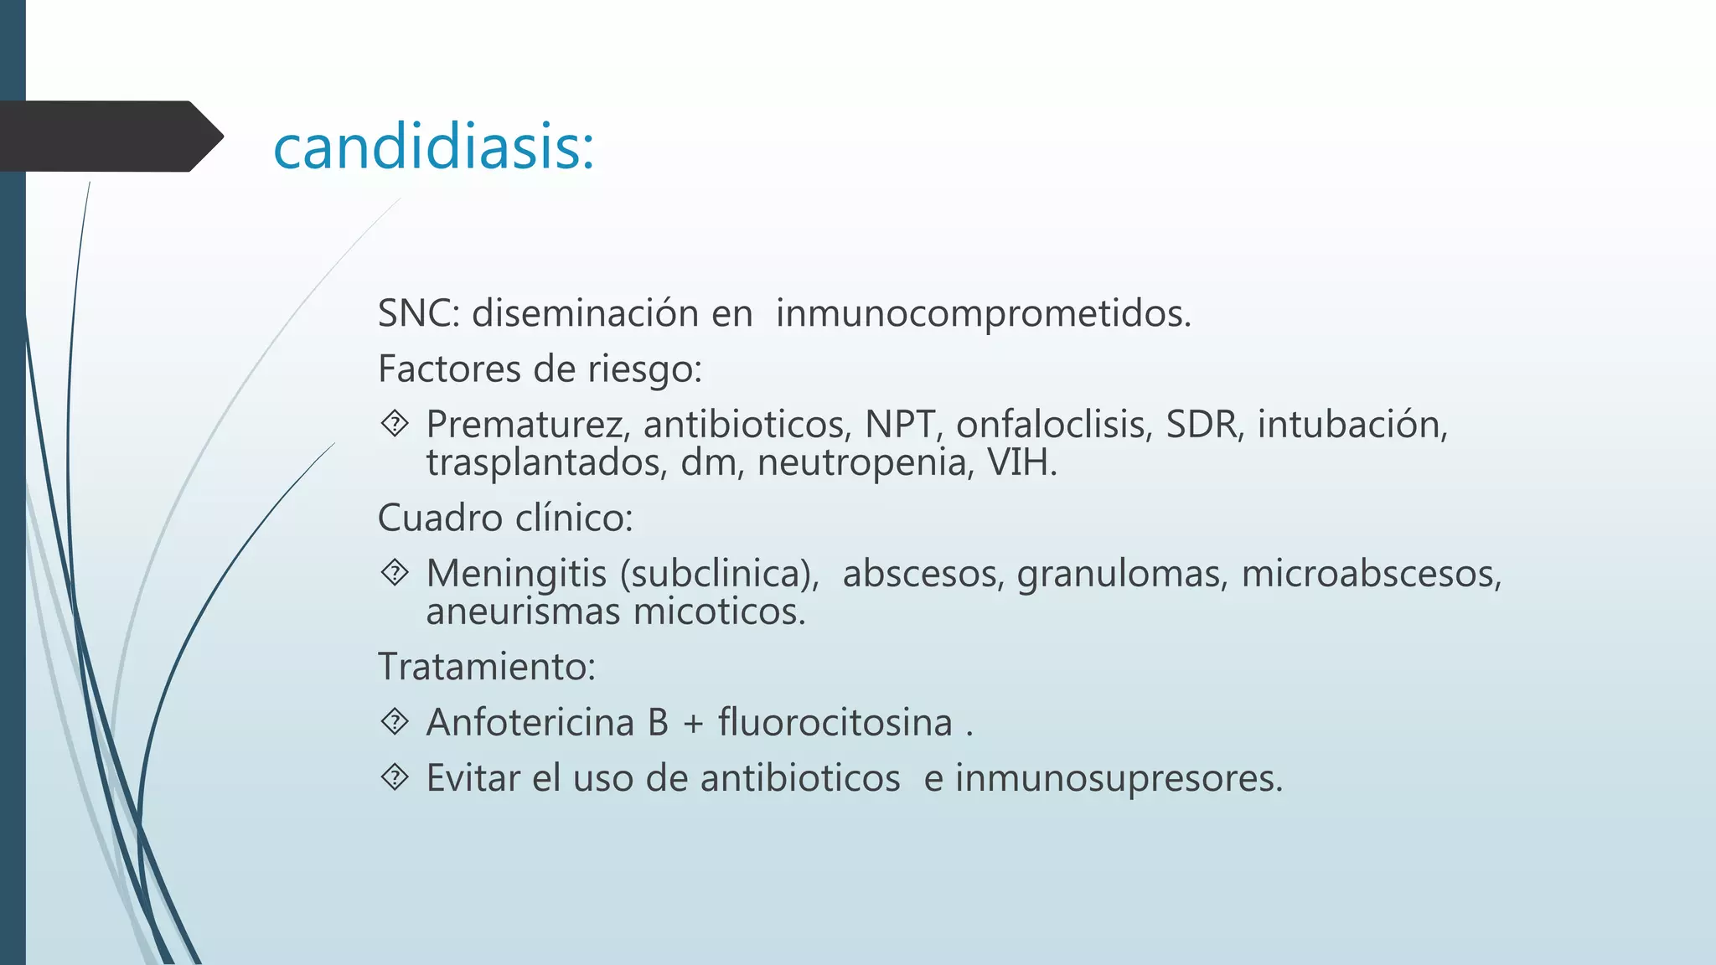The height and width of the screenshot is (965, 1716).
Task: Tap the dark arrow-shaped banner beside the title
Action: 109,137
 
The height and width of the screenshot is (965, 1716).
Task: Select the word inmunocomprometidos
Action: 982,313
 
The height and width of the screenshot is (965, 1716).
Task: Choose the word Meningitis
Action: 516,574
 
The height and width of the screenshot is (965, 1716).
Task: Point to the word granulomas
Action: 1122,574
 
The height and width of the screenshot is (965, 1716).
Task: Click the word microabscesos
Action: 1371,574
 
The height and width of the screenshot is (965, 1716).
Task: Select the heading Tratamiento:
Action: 487,667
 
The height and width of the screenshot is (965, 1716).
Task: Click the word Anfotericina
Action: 530,723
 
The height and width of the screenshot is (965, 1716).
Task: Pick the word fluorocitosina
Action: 835,723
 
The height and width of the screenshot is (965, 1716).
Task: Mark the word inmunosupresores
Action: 1119,778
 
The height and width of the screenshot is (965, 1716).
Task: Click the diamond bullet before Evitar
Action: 395,777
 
